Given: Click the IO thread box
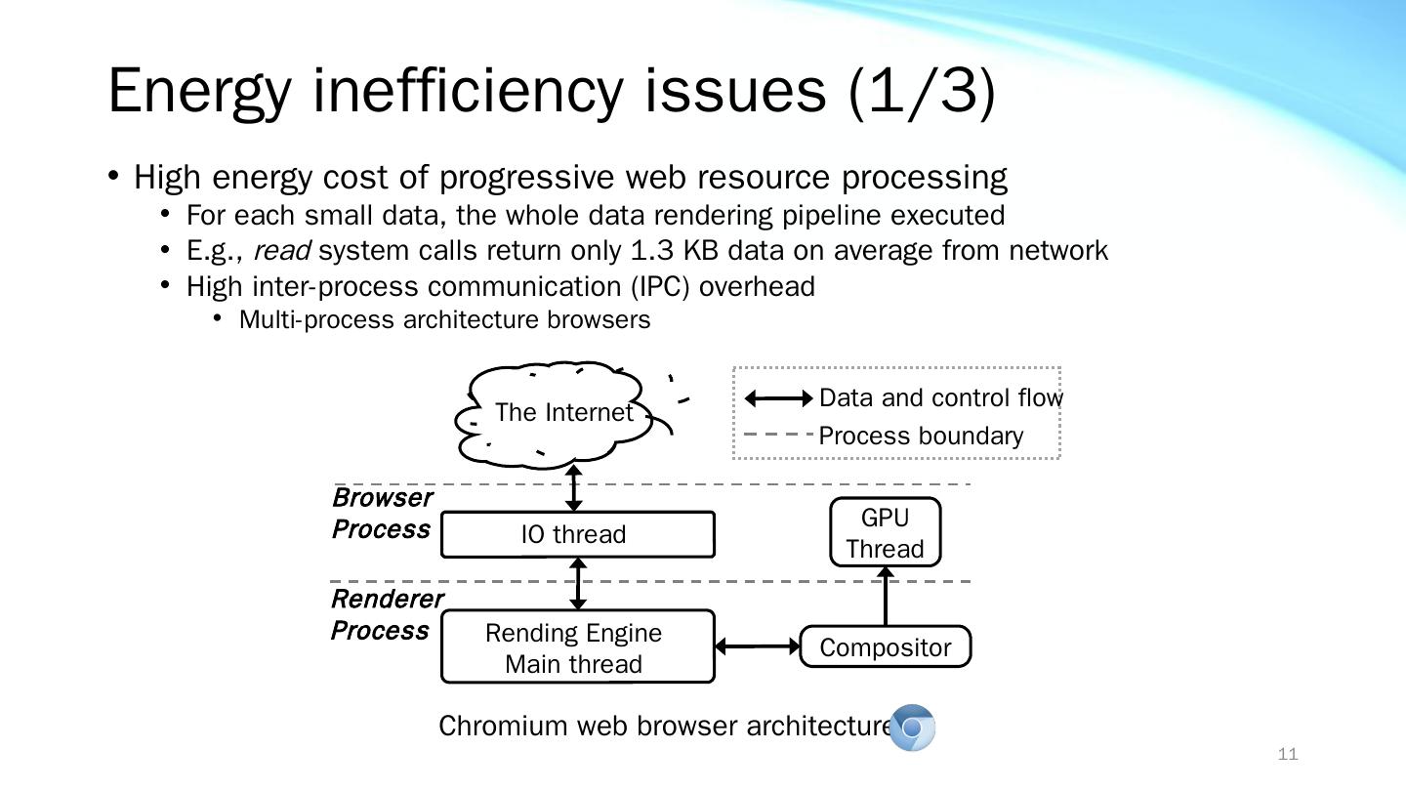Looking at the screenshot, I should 577,534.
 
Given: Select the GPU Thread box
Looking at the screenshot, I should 885,532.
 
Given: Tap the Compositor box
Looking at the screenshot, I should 885,647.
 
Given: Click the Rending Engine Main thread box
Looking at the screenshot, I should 577,647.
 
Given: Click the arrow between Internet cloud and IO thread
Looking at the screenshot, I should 574,487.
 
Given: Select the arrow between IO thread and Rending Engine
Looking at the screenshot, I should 578,584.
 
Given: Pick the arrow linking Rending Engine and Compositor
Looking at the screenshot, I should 758,645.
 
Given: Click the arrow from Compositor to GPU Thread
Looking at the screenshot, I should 886,597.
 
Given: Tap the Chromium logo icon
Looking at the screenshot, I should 913,728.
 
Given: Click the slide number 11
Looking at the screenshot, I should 1288,754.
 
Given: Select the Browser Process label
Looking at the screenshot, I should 382,514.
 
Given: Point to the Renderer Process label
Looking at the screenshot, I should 387,614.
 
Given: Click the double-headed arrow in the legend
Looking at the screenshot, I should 778,398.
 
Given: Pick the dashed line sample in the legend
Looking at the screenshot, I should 778,435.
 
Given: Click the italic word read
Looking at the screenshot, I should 281,251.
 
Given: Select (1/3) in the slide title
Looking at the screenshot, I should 922,91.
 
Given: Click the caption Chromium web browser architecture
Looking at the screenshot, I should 665,727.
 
